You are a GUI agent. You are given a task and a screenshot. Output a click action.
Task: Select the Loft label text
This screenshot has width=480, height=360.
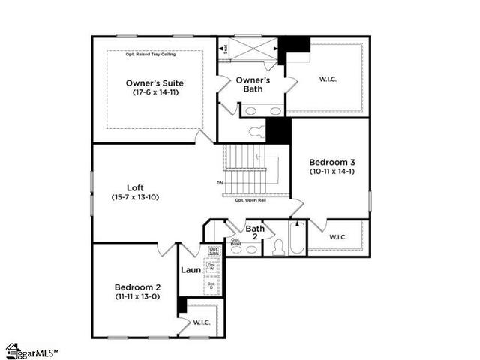point(135,188)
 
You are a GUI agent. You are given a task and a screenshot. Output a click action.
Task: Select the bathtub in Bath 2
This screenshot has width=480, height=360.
point(298,238)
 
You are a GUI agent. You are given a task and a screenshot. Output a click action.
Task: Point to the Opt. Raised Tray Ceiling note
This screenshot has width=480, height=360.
point(154,55)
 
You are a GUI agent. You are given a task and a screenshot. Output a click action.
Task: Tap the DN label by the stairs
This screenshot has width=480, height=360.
point(220,183)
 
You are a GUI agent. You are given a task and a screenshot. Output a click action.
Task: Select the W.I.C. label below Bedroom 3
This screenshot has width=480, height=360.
point(338,237)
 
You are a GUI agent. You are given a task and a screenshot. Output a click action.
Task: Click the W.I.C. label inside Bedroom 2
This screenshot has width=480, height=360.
point(202,322)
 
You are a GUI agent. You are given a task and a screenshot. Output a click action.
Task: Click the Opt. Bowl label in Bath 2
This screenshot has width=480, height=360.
point(235,241)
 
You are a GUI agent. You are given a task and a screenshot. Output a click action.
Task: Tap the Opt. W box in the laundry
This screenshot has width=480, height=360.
point(211,266)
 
